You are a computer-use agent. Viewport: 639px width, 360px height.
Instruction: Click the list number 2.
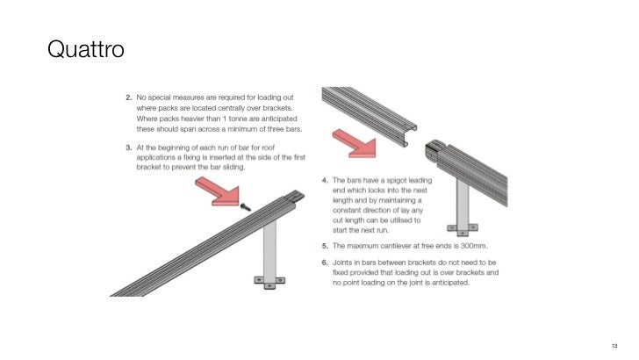click(x=129, y=96)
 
